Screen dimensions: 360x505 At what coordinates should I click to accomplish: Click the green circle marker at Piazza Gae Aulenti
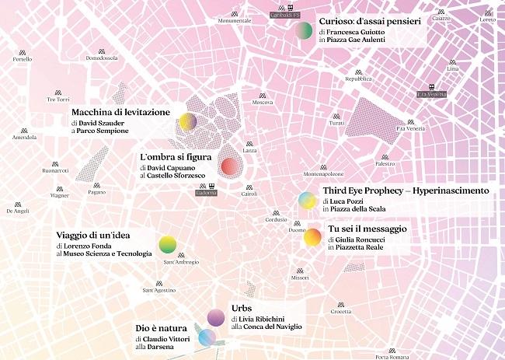[x=305, y=30]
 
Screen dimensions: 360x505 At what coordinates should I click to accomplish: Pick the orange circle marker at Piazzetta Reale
[x=312, y=238]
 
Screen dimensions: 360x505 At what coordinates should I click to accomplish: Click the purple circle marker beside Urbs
[x=217, y=316]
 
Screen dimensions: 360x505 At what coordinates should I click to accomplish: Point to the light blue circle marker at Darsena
[x=206, y=338]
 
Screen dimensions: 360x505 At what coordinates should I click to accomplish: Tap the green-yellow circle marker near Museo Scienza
[x=168, y=246]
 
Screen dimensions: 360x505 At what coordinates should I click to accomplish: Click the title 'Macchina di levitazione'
[x=120, y=112]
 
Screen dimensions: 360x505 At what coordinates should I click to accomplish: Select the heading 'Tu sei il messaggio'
[x=367, y=228]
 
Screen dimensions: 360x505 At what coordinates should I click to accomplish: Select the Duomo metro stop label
[x=297, y=230]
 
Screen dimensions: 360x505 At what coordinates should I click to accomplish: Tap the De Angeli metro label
[x=17, y=211]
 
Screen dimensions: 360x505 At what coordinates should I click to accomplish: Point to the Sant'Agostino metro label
[x=158, y=291]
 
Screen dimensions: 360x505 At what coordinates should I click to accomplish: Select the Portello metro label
[x=23, y=59]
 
